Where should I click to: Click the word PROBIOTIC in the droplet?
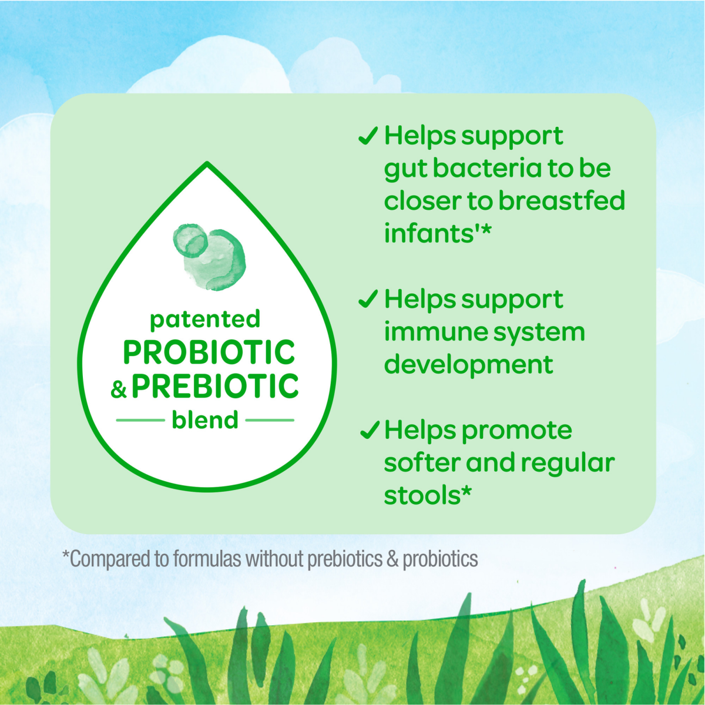click(x=209, y=352)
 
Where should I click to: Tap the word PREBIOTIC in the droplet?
click(x=215, y=387)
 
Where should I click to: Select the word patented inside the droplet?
click(x=205, y=319)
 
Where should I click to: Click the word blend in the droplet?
click(x=205, y=421)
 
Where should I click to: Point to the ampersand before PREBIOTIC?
click(x=119, y=389)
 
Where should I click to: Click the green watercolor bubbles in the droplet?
click(x=210, y=256)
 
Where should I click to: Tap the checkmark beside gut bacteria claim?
click(x=368, y=136)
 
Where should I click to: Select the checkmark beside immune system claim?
click(x=368, y=300)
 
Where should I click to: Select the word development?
click(x=468, y=365)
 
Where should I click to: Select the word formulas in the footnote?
click(x=207, y=559)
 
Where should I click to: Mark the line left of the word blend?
click(x=140, y=421)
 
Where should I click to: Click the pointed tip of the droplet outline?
click(x=207, y=164)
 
